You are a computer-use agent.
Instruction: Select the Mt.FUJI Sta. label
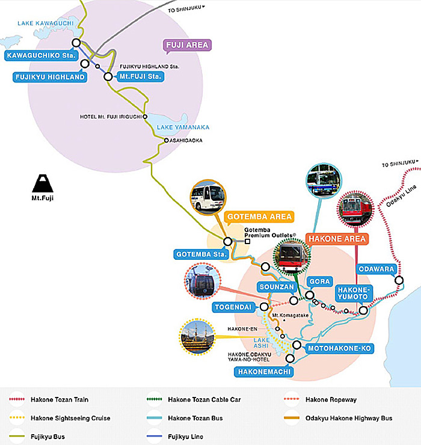[x=139, y=76]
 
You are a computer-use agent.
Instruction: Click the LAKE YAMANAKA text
[x=183, y=127]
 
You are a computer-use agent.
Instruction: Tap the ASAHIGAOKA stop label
[x=186, y=140]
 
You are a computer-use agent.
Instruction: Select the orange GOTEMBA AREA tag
[x=259, y=216]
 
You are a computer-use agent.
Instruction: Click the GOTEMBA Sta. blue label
[x=198, y=254]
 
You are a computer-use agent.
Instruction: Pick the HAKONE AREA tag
[x=337, y=239]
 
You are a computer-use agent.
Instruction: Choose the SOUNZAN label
[x=276, y=287]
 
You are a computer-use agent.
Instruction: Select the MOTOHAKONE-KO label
[x=340, y=348]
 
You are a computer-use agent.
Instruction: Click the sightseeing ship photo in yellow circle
[x=198, y=337]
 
